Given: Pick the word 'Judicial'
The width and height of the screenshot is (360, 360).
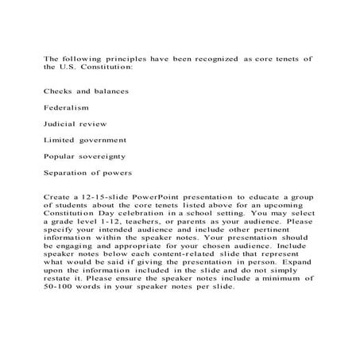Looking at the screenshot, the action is tap(60, 124).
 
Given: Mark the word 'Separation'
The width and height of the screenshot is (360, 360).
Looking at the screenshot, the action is tap(68, 173).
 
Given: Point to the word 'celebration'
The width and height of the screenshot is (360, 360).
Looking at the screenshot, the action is tap(122, 213).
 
